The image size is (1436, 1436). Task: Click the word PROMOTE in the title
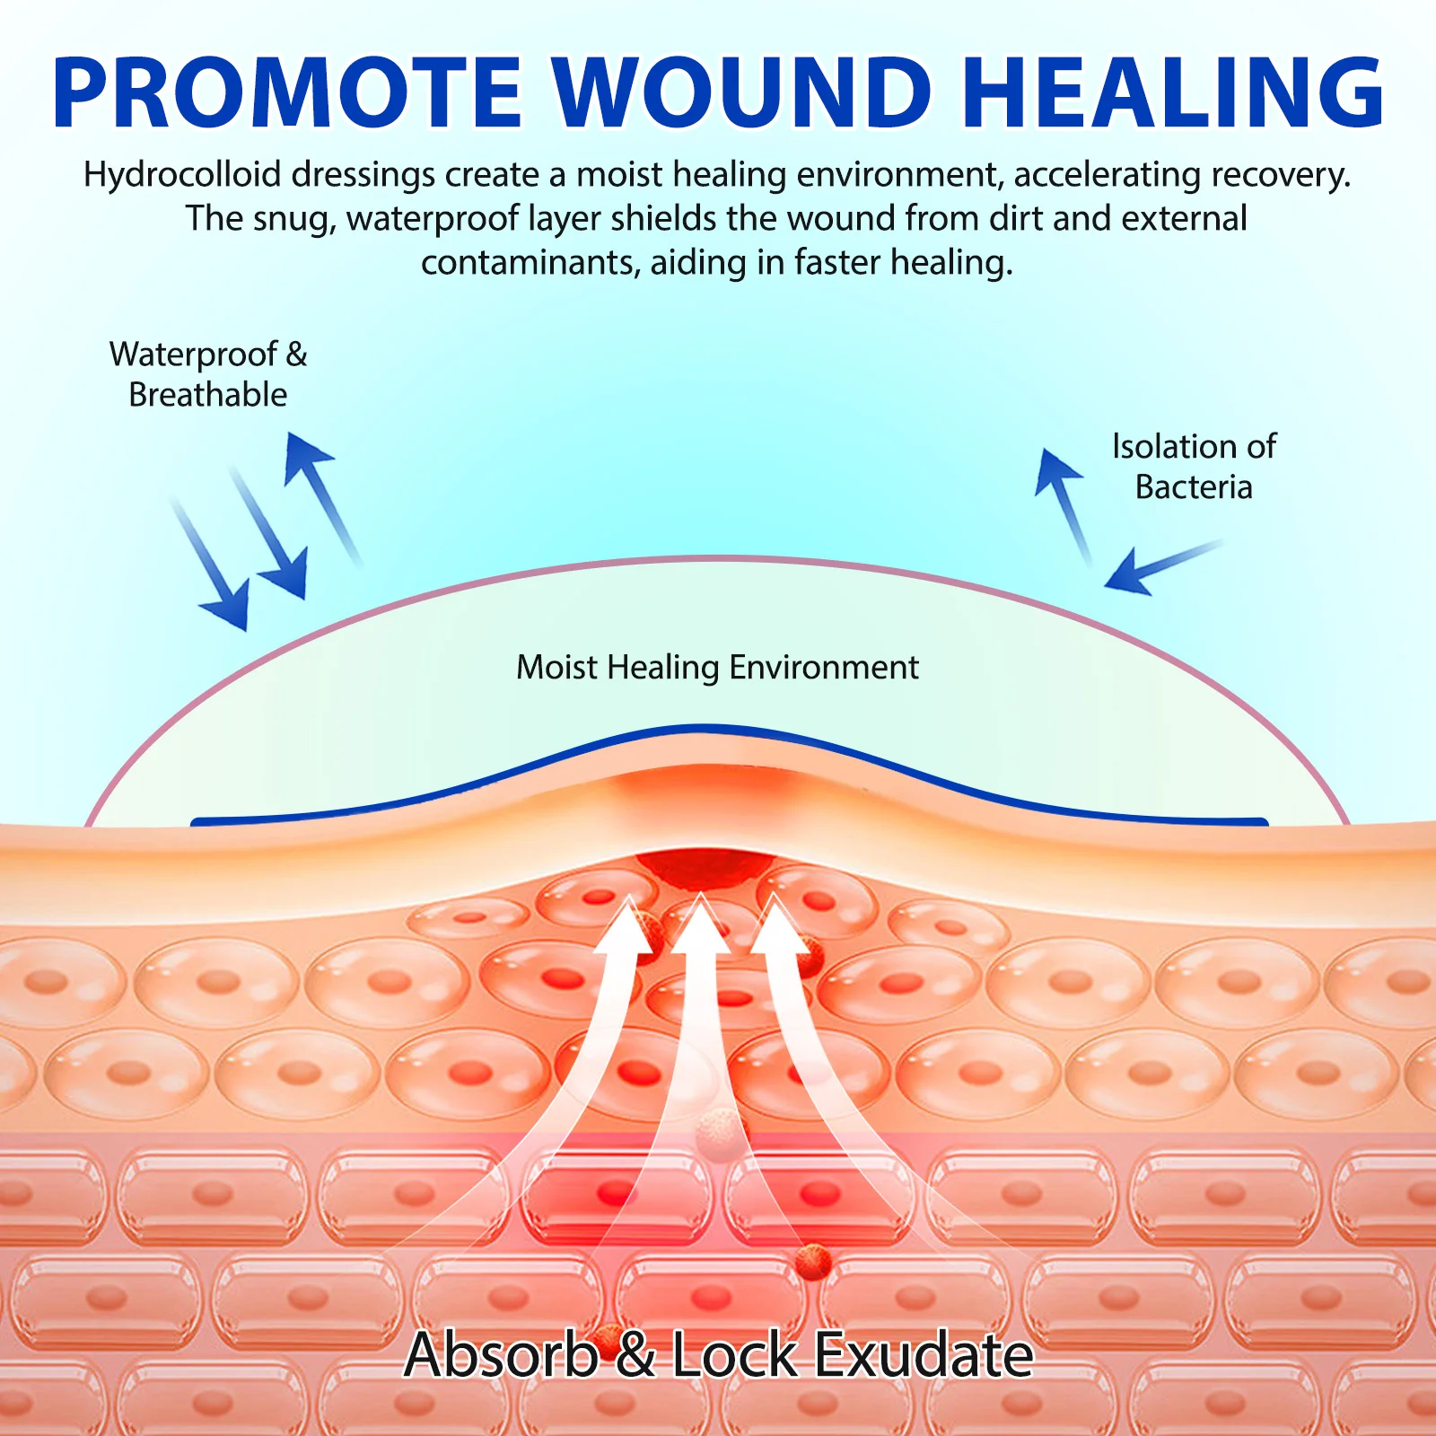click(287, 93)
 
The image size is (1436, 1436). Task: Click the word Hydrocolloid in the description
click(182, 175)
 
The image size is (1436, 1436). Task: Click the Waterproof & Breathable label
click(208, 374)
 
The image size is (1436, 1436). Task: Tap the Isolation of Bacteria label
click(1194, 467)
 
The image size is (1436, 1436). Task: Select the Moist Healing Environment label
click(717, 668)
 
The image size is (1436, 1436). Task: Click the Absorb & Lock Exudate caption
click(718, 1354)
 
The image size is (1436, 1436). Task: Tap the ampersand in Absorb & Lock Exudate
click(635, 1355)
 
